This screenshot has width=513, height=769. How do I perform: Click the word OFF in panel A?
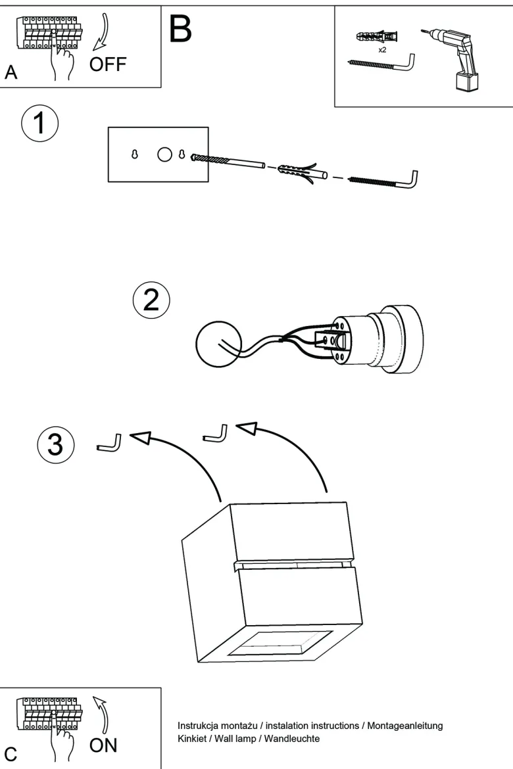(x=108, y=64)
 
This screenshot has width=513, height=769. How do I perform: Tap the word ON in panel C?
(x=103, y=745)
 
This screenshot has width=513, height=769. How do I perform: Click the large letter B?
(x=180, y=28)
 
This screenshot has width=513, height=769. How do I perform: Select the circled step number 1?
(x=39, y=123)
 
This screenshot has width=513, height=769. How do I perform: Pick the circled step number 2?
(x=151, y=300)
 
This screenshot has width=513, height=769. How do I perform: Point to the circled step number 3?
(x=56, y=445)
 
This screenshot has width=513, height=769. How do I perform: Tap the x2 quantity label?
(x=382, y=49)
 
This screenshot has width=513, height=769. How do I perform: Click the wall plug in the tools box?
(x=376, y=37)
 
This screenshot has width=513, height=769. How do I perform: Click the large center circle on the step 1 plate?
(x=164, y=154)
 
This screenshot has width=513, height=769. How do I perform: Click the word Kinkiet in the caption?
(x=192, y=739)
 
